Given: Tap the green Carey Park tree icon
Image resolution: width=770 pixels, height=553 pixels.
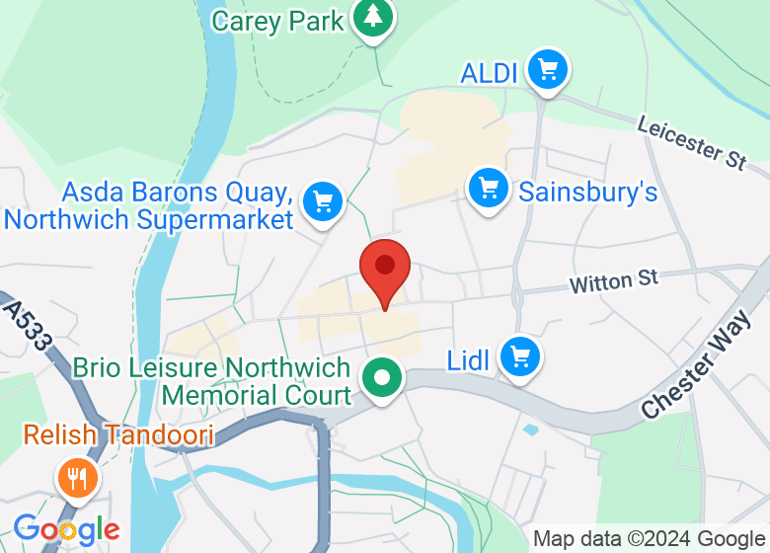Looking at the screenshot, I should (373, 17).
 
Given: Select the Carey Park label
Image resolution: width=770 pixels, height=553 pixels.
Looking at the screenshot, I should (278, 20).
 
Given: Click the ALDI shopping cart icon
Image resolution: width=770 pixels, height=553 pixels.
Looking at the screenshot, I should (547, 70).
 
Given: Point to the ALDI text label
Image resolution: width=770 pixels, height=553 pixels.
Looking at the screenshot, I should (491, 72).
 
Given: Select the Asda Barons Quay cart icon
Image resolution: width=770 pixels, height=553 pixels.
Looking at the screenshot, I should (322, 201).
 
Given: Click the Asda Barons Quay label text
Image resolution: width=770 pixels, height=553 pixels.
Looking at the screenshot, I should (151, 204).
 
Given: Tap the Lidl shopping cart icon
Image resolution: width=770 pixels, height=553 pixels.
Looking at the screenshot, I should (519, 357).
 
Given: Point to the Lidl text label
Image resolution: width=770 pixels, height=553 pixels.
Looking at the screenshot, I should (469, 361).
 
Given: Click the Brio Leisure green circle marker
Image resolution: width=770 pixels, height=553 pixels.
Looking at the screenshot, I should (380, 377).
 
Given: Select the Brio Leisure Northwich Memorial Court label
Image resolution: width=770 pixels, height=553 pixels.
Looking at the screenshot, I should (212, 381).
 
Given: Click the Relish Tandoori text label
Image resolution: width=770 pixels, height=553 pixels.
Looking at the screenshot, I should (118, 434).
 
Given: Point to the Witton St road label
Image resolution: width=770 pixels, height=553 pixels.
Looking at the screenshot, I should (613, 282).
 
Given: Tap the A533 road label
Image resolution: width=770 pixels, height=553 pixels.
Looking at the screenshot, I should (27, 327).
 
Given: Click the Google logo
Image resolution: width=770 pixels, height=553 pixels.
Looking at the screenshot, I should (66, 529).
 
